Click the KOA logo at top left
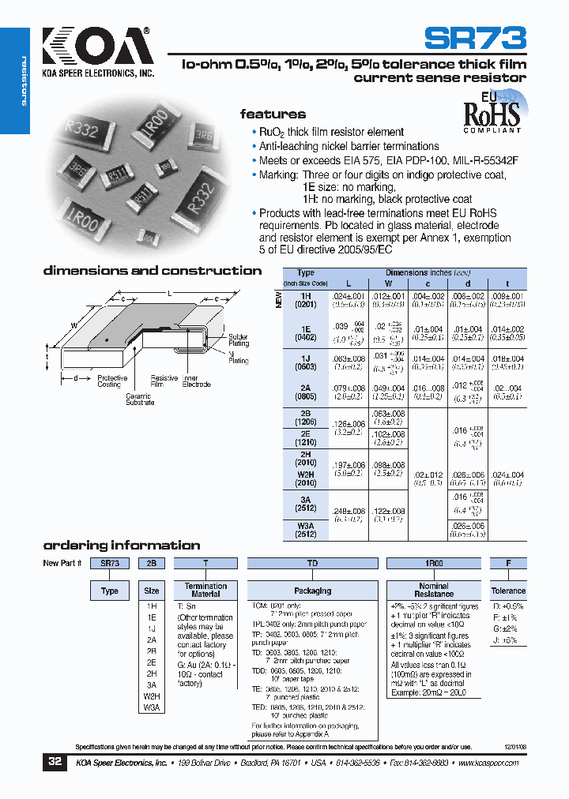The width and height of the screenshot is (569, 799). pyautogui.click(x=95, y=48)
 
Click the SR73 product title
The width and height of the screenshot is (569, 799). pyautogui.click(x=474, y=39)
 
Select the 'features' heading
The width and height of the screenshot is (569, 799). pyautogui.click(x=273, y=114)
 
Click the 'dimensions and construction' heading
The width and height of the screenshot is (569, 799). pyautogui.click(x=153, y=271)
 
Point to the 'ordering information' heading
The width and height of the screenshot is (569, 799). pyautogui.click(x=122, y=546)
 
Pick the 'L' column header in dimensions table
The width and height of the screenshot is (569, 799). pyautogui.click(x=348, y=282)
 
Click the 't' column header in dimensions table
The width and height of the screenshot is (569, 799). pyautogui.click(x=507, y=282)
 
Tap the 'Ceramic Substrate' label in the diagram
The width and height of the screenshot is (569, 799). pyautogui.click(x=140, y=399)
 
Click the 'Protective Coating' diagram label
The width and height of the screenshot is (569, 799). pyautogui.click(x=112, y=381)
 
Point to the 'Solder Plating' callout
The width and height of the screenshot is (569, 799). pyautogui.click(x=239, y=340)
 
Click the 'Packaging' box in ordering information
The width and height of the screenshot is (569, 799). pyautogui.click(x=313, y=591)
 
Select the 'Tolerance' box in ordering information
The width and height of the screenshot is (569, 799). pyautogui.click(x=508, y=591)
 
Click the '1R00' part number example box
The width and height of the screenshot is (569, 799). pyautogui.click(x=433, y=564)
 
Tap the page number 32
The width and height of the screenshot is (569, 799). pyautogui.click(x=55, y=763)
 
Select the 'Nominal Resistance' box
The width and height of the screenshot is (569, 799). pyautogui.click(x=433, y=591)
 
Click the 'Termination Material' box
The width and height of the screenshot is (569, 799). pyautogui.click(x=205, y=591)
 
